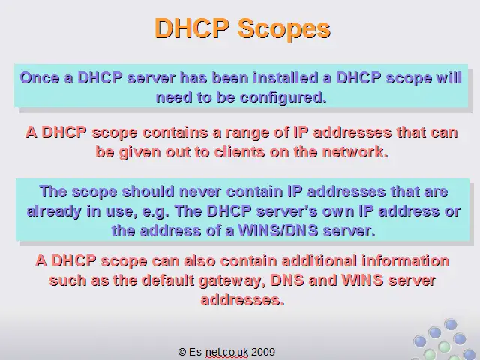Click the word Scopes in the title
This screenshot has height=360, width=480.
(284, 29)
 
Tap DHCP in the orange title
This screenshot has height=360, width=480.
(192, 28)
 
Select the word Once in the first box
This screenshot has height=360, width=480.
(40, 78)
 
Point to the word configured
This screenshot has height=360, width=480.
(283, 98)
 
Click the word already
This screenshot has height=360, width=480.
(54, 212)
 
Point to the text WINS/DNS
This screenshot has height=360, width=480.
(278, 231)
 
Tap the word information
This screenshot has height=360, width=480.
(406, 261)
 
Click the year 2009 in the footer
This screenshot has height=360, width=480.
(263, 352)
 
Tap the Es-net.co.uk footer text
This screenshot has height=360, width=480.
(218, 352)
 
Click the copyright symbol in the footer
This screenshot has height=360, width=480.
(182, 352)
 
